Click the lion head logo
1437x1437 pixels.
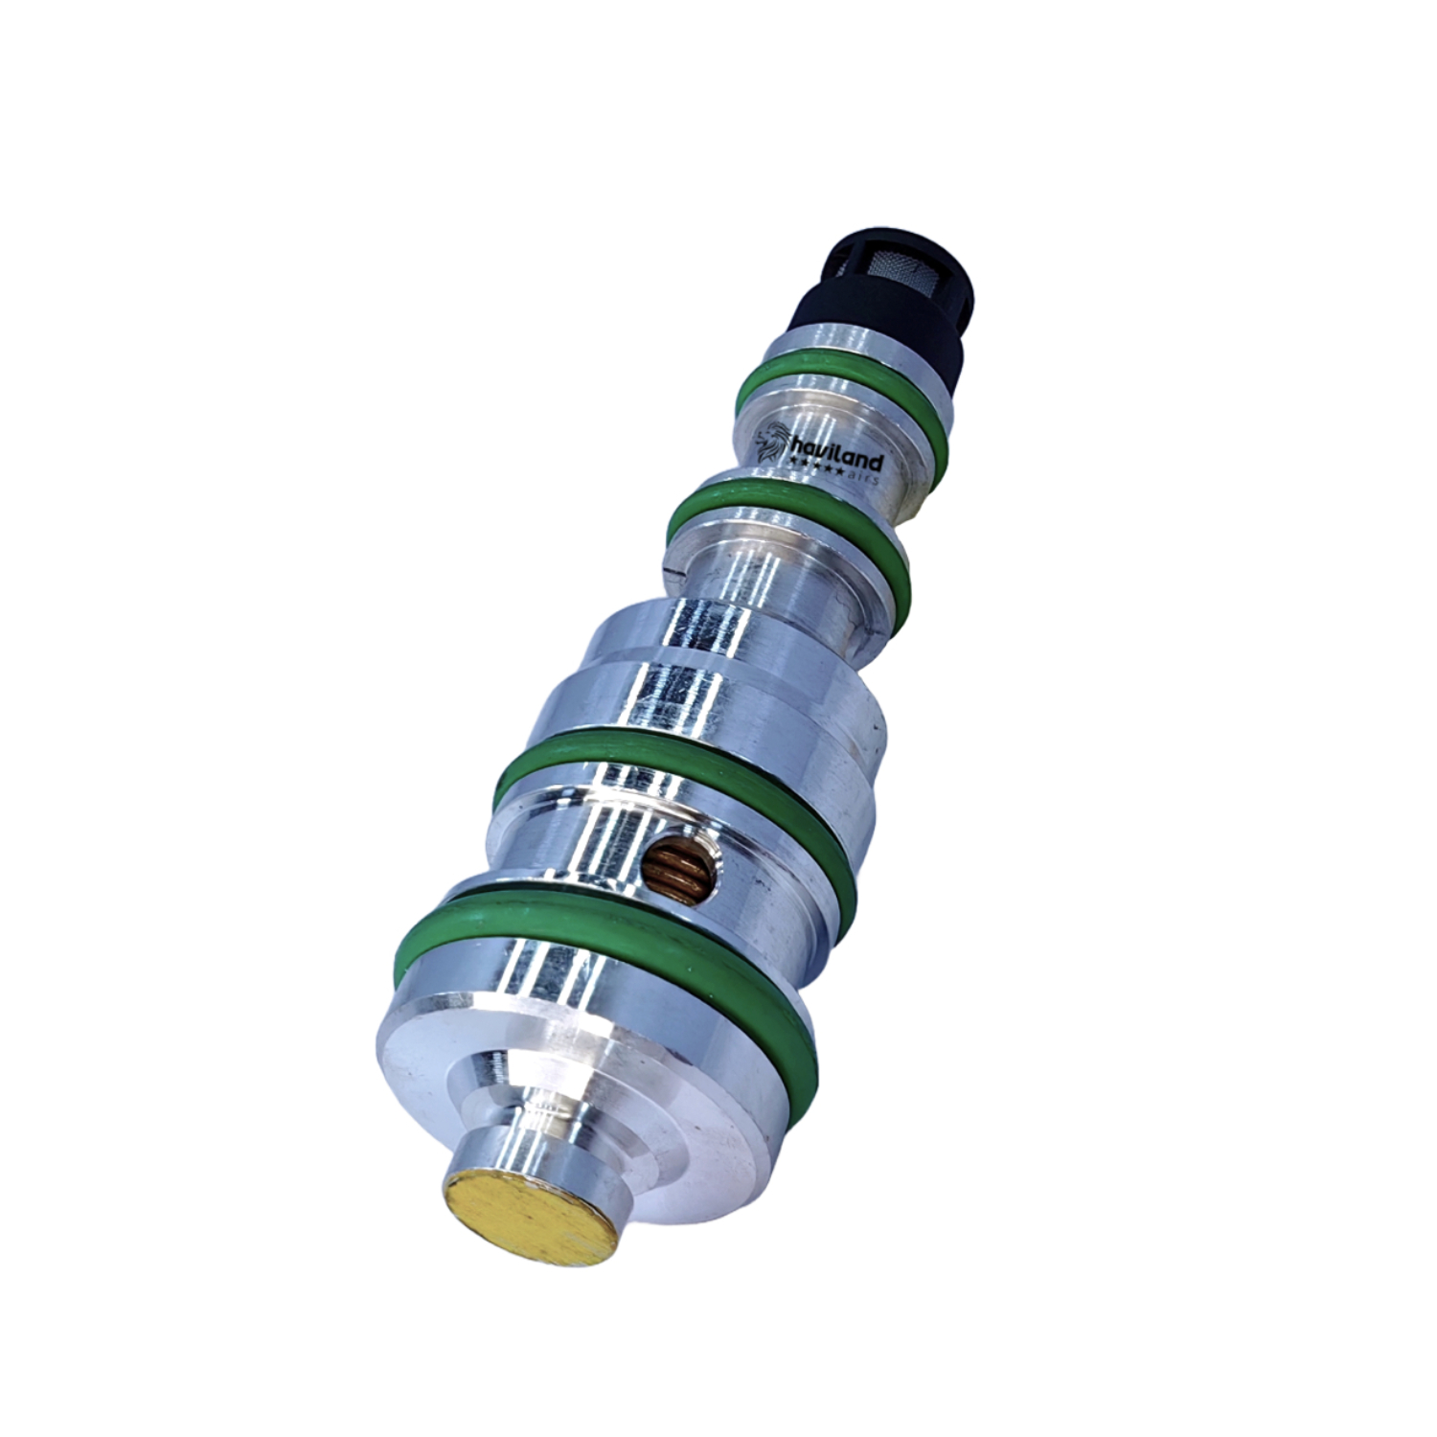tap(771, 444)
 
